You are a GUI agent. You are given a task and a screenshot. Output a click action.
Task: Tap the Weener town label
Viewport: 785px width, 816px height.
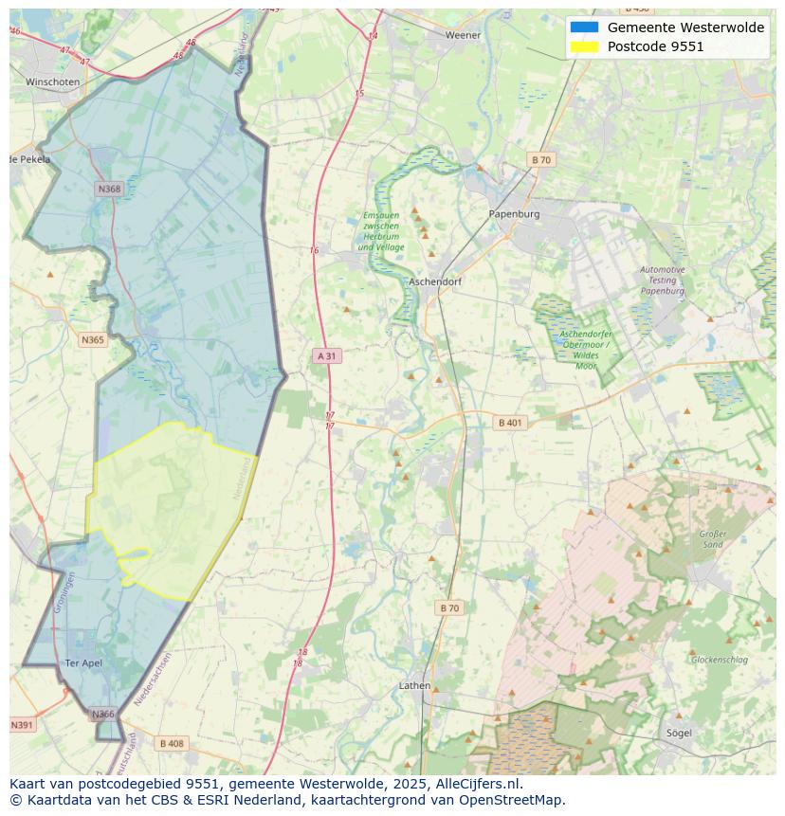pos(464,35)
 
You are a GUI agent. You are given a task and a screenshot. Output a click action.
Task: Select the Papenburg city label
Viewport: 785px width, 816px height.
pos(514,214)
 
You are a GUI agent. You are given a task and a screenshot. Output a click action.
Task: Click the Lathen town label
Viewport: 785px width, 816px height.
pos(414,685)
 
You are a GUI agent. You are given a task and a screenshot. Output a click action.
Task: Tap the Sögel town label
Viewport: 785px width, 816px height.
pos(678,733)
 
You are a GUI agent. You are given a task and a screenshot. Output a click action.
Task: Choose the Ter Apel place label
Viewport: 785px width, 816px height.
pos(82,662)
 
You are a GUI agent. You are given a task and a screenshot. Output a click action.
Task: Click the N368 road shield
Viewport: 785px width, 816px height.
pos(110,189)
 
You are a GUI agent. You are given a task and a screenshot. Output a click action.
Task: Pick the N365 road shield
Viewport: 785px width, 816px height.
pos(93,339)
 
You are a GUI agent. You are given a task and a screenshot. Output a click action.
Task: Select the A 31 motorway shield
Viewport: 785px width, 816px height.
pos(326,355)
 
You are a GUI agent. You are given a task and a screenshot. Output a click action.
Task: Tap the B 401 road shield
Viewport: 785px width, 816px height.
pos(509,423)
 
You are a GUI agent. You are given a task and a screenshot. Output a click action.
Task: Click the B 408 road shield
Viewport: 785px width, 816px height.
pos(172,743)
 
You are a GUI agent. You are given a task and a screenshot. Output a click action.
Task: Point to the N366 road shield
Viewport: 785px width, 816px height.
pos(102,714)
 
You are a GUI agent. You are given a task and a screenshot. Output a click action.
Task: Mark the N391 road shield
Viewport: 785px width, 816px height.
pos(21,725)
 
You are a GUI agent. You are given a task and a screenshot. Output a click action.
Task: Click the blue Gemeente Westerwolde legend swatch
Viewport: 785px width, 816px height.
pos(584,27)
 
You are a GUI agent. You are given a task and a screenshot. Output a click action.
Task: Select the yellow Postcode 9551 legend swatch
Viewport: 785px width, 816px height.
pos(584,46)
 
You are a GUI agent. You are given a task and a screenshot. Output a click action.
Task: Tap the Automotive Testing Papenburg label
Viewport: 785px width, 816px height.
pos(662,281)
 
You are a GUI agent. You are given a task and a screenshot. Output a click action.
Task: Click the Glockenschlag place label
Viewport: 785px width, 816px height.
pos(720,660)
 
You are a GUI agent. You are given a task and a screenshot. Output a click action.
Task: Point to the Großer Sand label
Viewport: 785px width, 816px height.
pos(712,539)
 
